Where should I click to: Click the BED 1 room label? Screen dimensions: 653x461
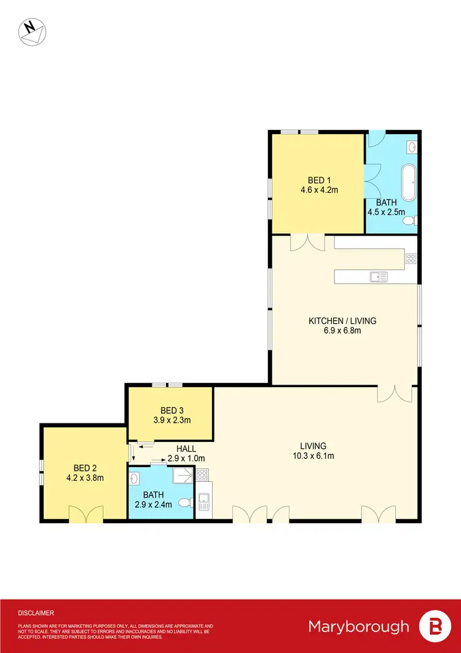(x=318, y=180)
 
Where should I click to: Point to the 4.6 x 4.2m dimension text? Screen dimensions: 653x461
(x=318, y=190)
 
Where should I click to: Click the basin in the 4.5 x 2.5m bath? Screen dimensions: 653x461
(x=412, y=147)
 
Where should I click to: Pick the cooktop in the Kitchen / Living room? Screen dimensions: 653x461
(x=411, y=258)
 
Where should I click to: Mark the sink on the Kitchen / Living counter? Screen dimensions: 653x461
(x=378, y=277)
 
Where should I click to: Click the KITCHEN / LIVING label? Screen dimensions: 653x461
(x=342, y=321)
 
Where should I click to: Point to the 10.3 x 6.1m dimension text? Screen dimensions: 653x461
(x=313, y=456)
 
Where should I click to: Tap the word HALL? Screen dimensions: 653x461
(x=186, y=449)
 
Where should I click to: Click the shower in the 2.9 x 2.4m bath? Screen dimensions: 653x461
(x=183, y=476)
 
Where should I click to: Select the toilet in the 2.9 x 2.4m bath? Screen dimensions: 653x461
(x=185, y=503)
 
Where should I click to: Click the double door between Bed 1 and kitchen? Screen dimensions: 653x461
(x=307, y=242)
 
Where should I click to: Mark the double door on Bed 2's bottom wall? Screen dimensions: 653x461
(x=85, y=515)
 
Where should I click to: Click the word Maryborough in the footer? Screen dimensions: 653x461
(x=358, y=627)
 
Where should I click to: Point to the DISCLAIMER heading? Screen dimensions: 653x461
(x=36, y=613)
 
